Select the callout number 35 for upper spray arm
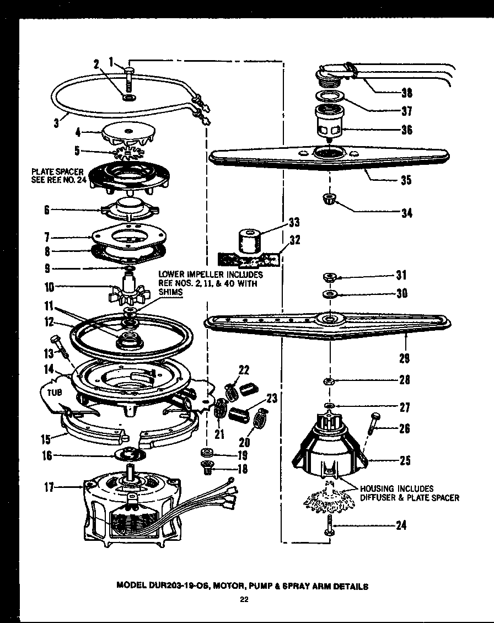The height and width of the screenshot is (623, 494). [x=405, y=180]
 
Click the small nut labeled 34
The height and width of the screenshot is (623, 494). [x=329, y=199]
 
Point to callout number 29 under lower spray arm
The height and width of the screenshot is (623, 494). [x=405, y=358]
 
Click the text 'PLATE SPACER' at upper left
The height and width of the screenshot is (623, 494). [x=57, y=171]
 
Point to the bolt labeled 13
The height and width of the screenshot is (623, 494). [x=57, y=343]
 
